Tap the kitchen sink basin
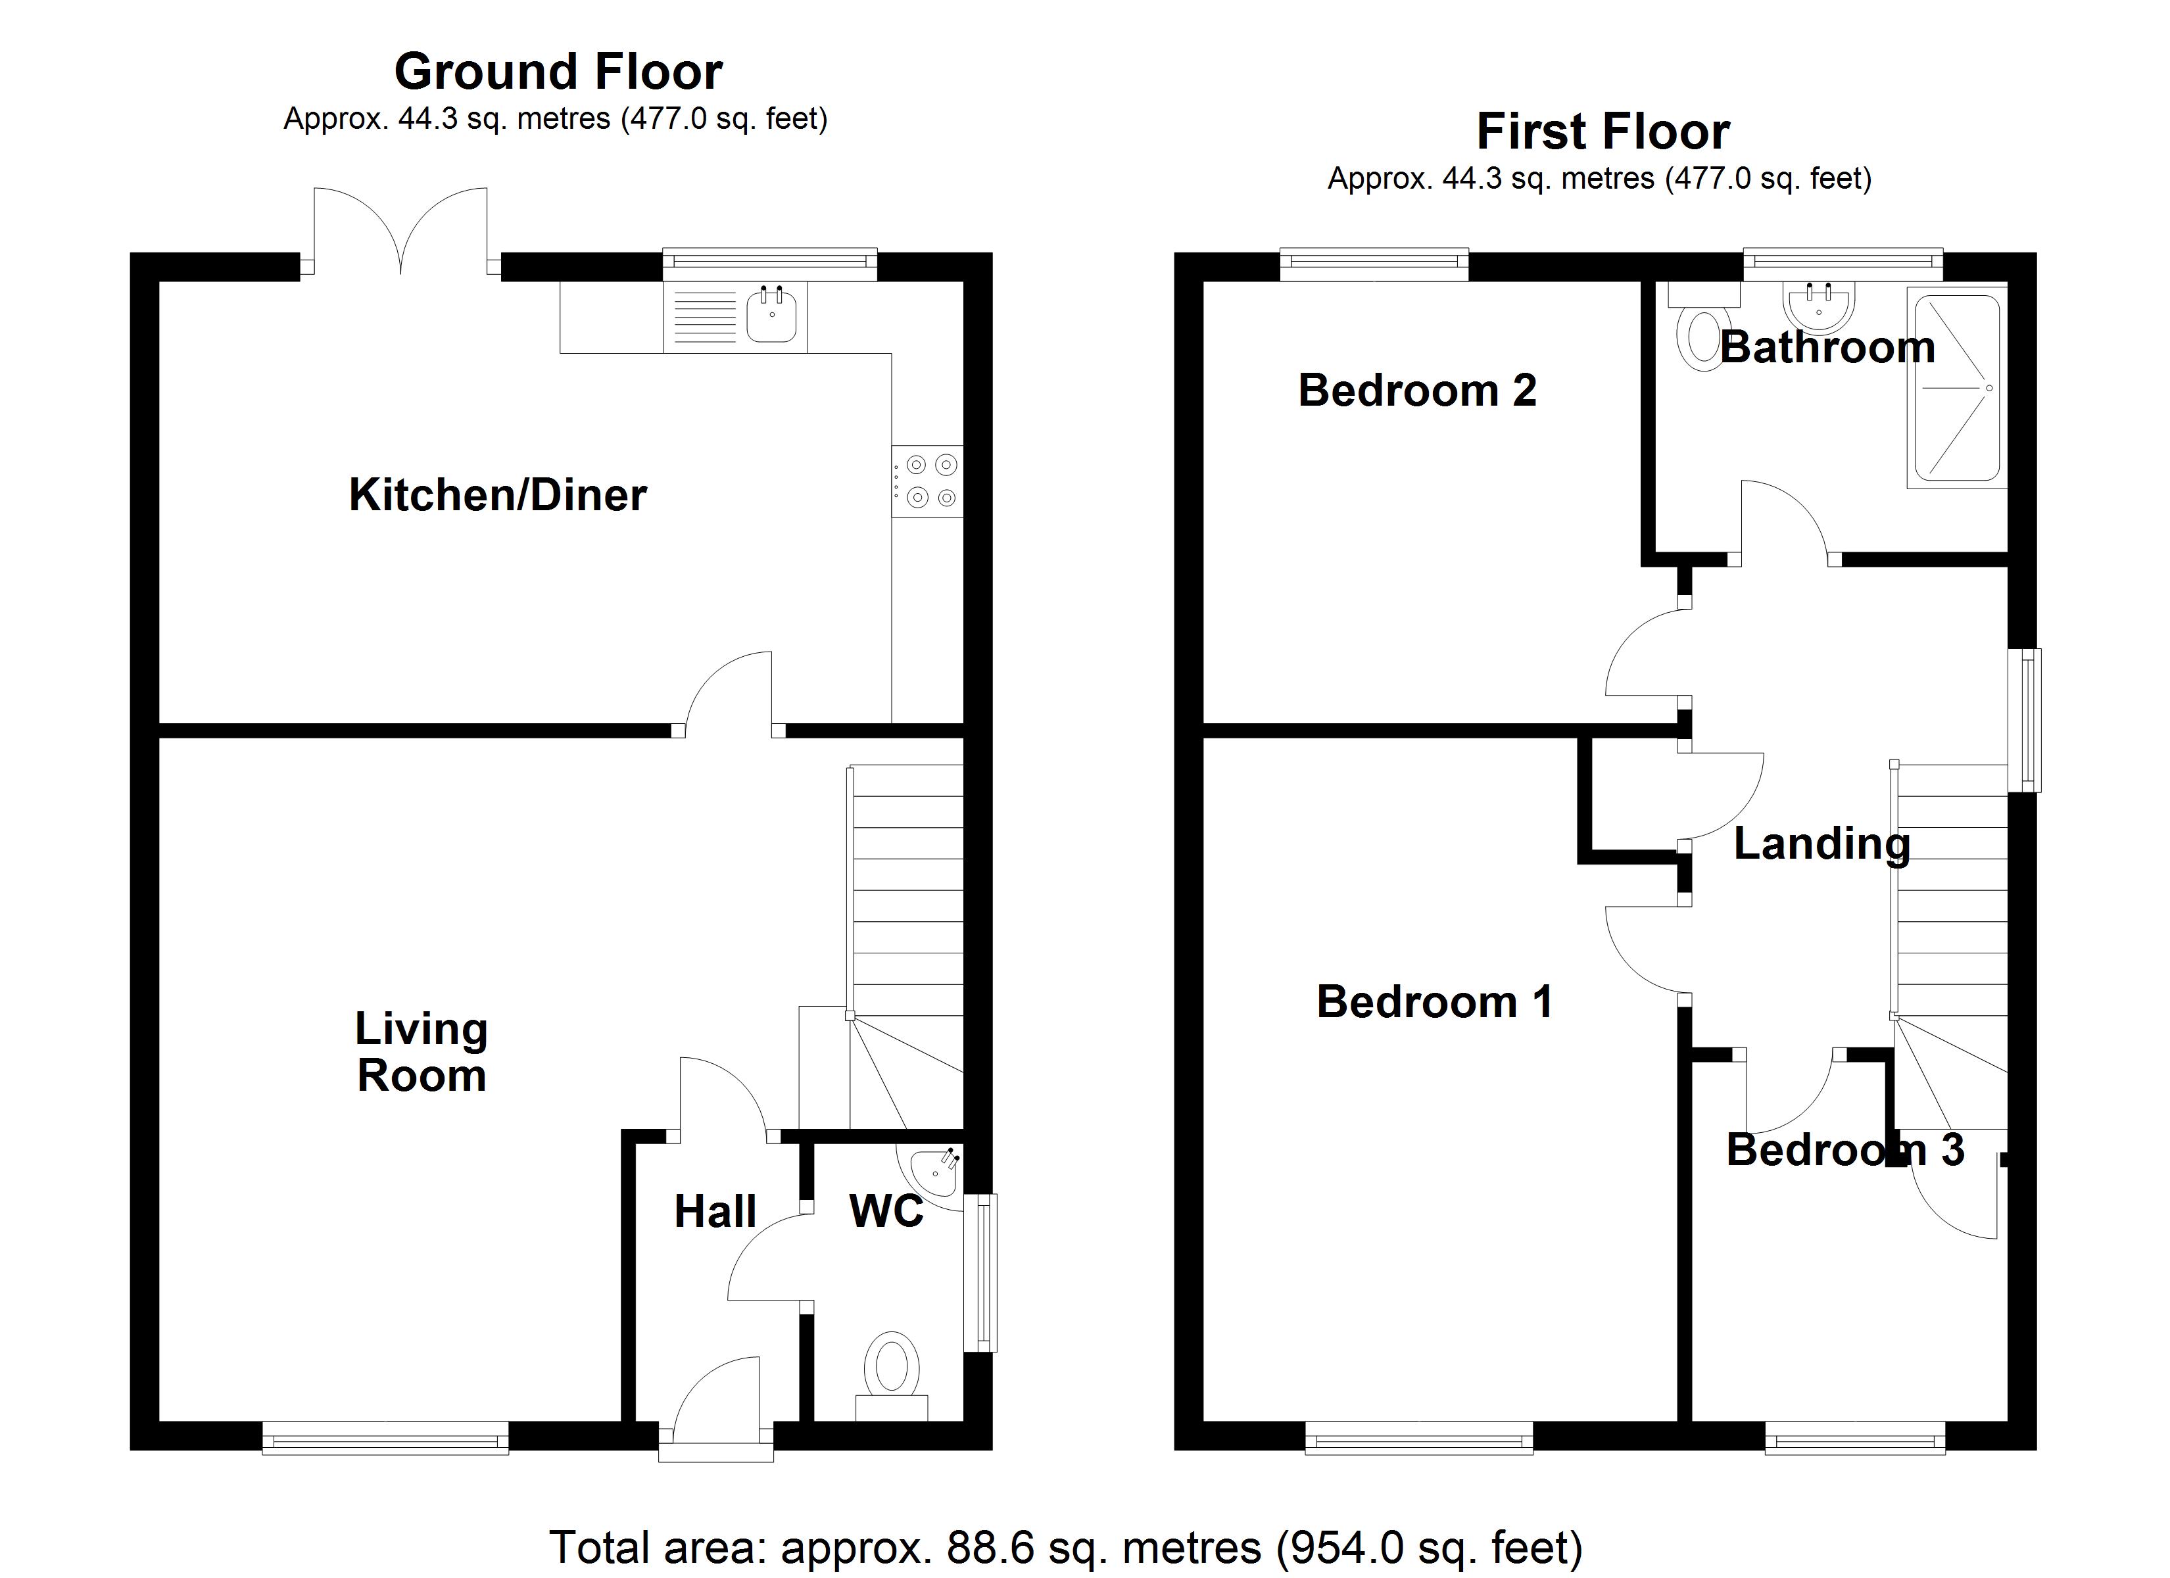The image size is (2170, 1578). [x=771, y=316]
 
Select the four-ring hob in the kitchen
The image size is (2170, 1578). [x=927, y=481]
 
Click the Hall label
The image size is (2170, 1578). [x=715, y=1212]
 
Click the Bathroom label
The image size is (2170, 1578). [x=1827, y=347]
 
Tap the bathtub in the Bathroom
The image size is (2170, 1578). [x=1956, y=387]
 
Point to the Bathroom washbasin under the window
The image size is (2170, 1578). [x=1818, y=304]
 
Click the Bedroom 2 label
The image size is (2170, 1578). [x=1417, y=391]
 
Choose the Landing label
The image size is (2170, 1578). [x=1821, y=844]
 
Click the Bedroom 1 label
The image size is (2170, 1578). [x=1434, y=1003]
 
